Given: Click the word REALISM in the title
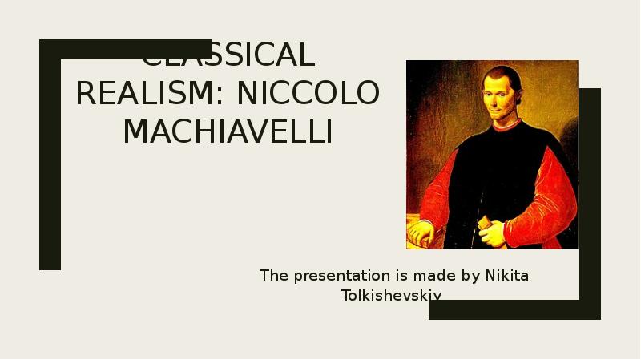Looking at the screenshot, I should (145, 95).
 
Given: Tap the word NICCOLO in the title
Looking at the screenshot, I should (308, 95).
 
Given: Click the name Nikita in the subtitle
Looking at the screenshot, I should (506, 277).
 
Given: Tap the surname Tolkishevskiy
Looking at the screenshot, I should (392, 296).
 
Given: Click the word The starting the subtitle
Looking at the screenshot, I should (273, 277).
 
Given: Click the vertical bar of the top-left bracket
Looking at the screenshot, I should (50, 160).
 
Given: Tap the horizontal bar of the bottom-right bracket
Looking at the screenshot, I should (513, 309).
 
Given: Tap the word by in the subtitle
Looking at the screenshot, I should (471, 277).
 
